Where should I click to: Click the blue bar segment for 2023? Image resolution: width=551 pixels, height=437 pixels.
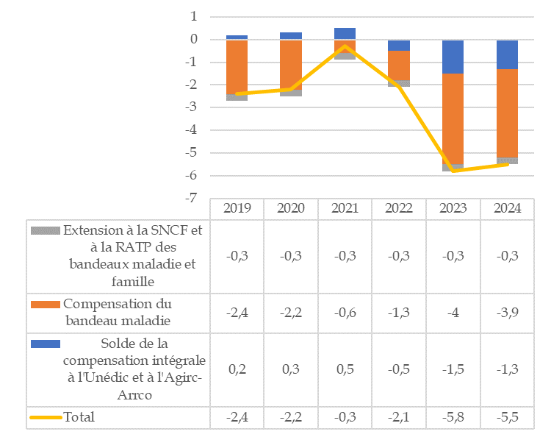point(453,57)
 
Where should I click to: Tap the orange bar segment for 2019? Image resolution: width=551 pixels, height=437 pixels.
point(237,66)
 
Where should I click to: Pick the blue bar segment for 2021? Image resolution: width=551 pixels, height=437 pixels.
point(345,33)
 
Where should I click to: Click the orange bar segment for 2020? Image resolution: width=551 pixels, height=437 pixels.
point(291,65)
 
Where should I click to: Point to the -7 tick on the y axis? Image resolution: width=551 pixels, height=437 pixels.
point(192,199)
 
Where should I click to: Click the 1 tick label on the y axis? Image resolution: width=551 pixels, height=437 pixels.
point(194,16)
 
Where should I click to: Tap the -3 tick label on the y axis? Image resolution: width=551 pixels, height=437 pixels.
point(192,107)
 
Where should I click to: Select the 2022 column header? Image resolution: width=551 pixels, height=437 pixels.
point(399,207)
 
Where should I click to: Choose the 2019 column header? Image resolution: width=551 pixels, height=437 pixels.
point(237,207)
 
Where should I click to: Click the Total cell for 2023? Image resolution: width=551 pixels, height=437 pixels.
point(453,417)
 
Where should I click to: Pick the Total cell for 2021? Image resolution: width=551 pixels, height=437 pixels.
point(345,417)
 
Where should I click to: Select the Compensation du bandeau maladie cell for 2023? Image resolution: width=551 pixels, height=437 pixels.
point(453,312)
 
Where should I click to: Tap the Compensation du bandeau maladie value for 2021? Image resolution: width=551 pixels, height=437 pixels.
point(345,312)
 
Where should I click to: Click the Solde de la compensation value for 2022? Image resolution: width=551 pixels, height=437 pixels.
point(399,369)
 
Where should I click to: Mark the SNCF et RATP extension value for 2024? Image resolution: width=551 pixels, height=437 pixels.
point(507,255)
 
